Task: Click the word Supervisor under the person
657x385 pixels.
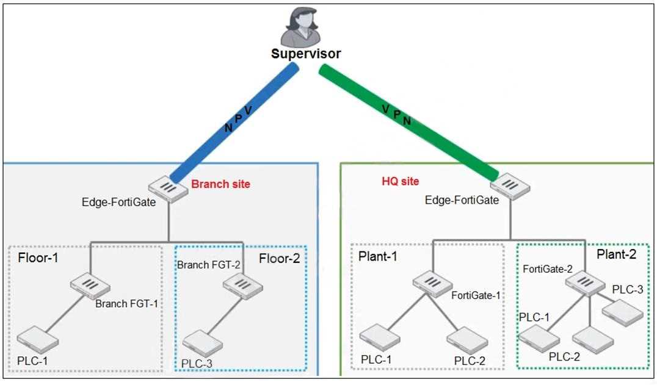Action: click(305, 54)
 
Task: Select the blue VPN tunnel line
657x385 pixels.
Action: click(235, 122)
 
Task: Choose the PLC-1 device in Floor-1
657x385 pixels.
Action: click(38, 339)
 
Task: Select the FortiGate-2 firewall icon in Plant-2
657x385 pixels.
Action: click(580, 282)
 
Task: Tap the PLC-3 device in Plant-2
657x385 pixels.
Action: click(623, 312)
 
